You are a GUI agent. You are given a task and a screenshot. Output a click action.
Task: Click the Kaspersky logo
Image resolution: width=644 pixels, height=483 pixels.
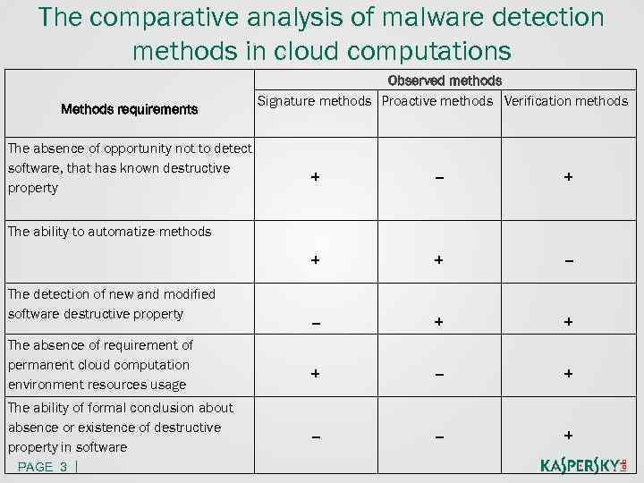[x=584, y=465]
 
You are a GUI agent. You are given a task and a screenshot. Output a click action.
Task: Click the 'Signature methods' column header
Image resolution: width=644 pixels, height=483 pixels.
[x=314, y=101]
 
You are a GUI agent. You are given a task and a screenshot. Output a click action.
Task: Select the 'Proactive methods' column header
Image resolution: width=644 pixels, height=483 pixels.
[x=437, y=101]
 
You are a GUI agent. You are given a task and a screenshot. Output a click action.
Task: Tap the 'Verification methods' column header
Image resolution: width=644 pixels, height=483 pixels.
[x=566, y=101]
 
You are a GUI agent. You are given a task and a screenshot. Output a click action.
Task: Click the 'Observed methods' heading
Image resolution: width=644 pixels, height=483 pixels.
[x=445, y=81]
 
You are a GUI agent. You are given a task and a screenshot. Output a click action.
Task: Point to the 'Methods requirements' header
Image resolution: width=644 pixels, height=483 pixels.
[x=129, y=109]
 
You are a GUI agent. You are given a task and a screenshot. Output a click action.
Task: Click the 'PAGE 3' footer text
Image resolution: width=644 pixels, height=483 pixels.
[x=42, y=467]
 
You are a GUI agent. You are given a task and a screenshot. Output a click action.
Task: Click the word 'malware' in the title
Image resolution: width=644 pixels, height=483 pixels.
[x=356, y=17]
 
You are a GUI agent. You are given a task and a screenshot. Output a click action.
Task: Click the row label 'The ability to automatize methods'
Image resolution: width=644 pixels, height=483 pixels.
[x=109, y=232]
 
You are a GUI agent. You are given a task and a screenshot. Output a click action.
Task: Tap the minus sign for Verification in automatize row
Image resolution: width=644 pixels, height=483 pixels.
[x=568, y=261]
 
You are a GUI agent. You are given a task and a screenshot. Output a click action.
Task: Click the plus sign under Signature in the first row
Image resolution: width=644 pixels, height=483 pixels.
[x=315, y=177]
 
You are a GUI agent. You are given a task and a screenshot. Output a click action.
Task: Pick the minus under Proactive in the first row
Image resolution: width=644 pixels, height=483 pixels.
[x=438, y=178]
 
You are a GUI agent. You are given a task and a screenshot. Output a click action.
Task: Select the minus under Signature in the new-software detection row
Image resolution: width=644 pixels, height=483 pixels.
[x=315, y=322]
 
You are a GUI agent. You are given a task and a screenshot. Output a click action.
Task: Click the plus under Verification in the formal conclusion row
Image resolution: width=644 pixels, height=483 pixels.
[x=568, y=435]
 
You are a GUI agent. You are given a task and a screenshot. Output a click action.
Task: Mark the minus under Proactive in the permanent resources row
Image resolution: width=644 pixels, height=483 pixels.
[x=438, y=374]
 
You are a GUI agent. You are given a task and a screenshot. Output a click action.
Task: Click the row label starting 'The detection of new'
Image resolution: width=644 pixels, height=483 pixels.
[x=111, y=304]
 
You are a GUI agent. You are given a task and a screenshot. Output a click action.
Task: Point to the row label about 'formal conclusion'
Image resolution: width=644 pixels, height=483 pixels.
[x=120, y=427]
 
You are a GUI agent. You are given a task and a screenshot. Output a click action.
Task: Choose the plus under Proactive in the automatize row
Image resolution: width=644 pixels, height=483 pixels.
[x=438, y=260]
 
